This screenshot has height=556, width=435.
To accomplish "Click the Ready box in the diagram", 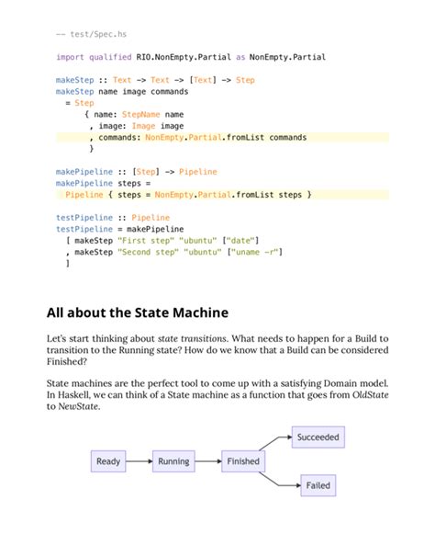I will pos(108,460).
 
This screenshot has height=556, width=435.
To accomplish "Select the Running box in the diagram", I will pos(173,460).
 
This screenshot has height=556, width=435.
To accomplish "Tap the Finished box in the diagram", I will pos(243,460).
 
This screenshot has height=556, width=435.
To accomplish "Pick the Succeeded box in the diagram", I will pos(318,437).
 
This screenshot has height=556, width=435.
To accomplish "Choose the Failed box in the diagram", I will pos(318,484).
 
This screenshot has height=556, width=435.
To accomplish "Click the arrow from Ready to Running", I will pos(139,460).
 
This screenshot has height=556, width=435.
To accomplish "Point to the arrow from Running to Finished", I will pos(208,460).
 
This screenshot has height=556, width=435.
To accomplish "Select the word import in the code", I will pos(70,57).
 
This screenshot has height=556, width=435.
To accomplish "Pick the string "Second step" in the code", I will pos(150,251).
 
